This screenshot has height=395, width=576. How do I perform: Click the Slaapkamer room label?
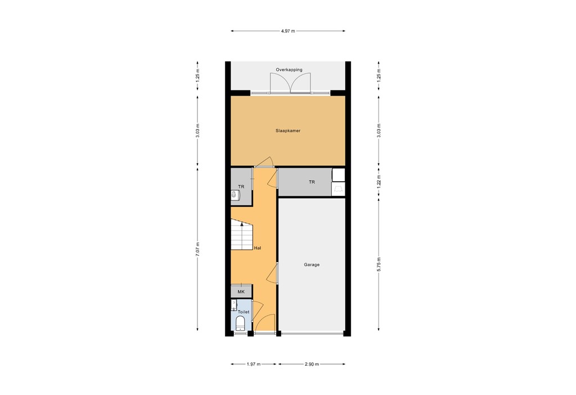tap(288, 130)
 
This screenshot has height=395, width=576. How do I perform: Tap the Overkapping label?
tap(289, 70)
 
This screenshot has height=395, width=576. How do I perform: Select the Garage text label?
tap(312, 264)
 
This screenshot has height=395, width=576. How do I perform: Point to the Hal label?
tap(257, 248)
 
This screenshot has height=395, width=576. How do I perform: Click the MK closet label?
tap(241, 292)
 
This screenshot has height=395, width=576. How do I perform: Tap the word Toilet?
tap(244, 311)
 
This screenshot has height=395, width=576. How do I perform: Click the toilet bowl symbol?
tap(240, 323)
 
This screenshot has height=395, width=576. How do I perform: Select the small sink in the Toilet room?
tap(234, 305)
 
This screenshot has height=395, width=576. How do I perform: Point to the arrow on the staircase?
tap(242, 224)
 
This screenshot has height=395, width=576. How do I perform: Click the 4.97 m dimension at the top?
tap(288, 31)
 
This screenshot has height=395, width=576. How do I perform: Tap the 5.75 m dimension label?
tap(379, 264)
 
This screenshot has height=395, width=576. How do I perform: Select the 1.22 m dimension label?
tap(379, 181)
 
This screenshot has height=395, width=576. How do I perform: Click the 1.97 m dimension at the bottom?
tap(253, 365)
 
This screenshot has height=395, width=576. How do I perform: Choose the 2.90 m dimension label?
tap(312, 365)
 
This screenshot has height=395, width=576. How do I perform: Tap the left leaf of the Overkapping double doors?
tap(280, 84)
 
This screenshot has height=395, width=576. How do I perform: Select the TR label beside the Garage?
tap(312, 182)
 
